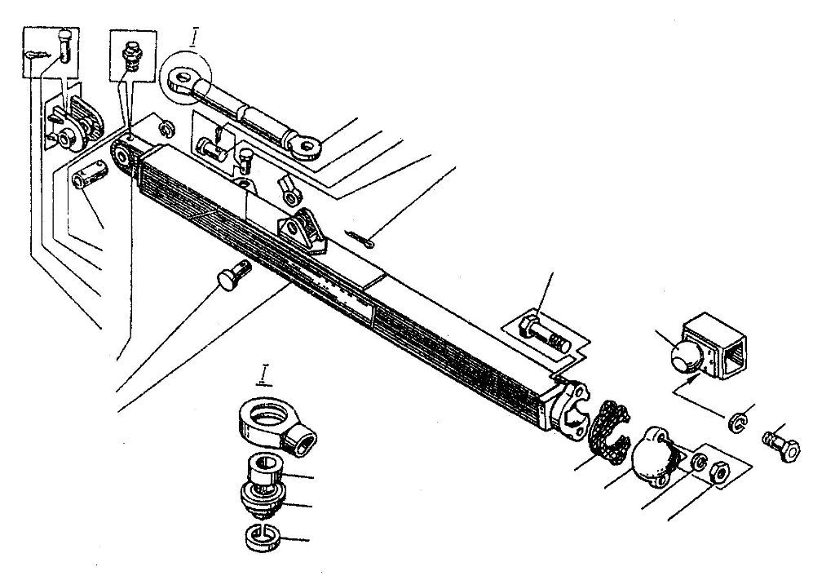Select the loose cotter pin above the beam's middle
click(x=360, y=238)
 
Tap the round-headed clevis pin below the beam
click(x=232, y=276)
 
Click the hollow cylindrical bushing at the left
click(x=90, y=175)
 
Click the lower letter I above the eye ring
click(x=263, y=375)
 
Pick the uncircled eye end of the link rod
click(x=303, y=144)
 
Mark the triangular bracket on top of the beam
click(x=303, y=229)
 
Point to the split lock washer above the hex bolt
click(x=739, y=423)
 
